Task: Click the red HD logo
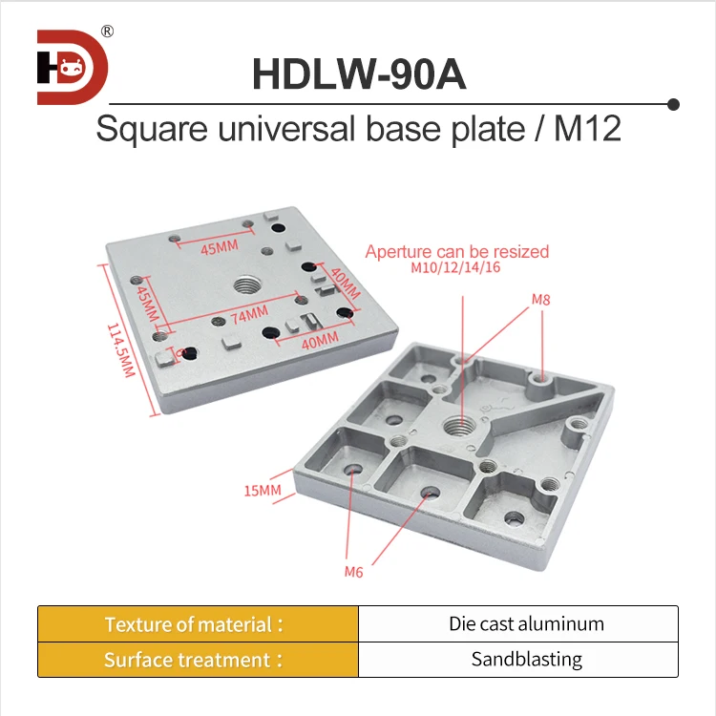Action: coord(73,68)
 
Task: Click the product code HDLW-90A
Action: coord(359,74)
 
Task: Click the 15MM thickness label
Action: coord(263,491)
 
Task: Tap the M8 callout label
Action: coord(541,300)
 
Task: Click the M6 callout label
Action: coord(353,573)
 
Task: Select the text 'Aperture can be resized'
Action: coord(457,252)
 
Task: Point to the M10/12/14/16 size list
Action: coord(456,268)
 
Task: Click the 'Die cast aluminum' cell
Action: coord(526,624)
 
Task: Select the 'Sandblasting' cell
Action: coord(526,660)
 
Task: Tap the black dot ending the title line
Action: coord(673,103)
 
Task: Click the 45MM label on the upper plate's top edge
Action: coord(218,247)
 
